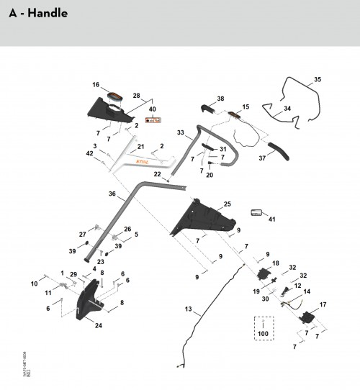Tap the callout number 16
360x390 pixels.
(96, 85)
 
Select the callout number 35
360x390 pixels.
(318, 80)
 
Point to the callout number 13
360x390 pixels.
(188, 309)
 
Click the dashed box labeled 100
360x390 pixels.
(261, 327)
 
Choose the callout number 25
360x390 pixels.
(228, 204)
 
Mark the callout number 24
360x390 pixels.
(98, 325)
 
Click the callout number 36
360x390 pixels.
(112, 194)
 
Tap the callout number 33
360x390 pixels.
(181, 132)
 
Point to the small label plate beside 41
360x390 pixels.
(256, 212)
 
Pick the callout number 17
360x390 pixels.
(323, 304)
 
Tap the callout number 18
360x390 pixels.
(275, 264)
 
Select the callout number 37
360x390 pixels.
(261, 159)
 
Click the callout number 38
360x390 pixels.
(220, 99)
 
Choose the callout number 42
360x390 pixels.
(90, 153)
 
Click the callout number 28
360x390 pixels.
(137, 95)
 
